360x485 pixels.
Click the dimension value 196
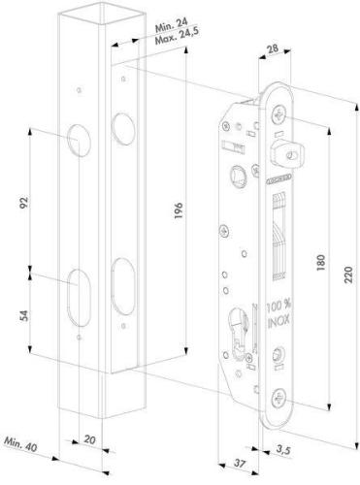click(x=179, y=210)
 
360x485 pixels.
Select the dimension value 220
click(x=348, y=275)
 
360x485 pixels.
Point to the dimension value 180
click(x=320, y=263)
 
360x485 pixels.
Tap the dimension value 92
click(x=24, y=203)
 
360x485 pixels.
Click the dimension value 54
click(x=24, y=315)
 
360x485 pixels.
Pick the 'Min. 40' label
click(x=20, y=444)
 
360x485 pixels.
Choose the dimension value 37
click(x=240, y=464)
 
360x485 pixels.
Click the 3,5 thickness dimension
click(x=283, y=450)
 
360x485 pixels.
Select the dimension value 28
click(x=273, y=48)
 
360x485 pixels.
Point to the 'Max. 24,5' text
click(x=178, y=36)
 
